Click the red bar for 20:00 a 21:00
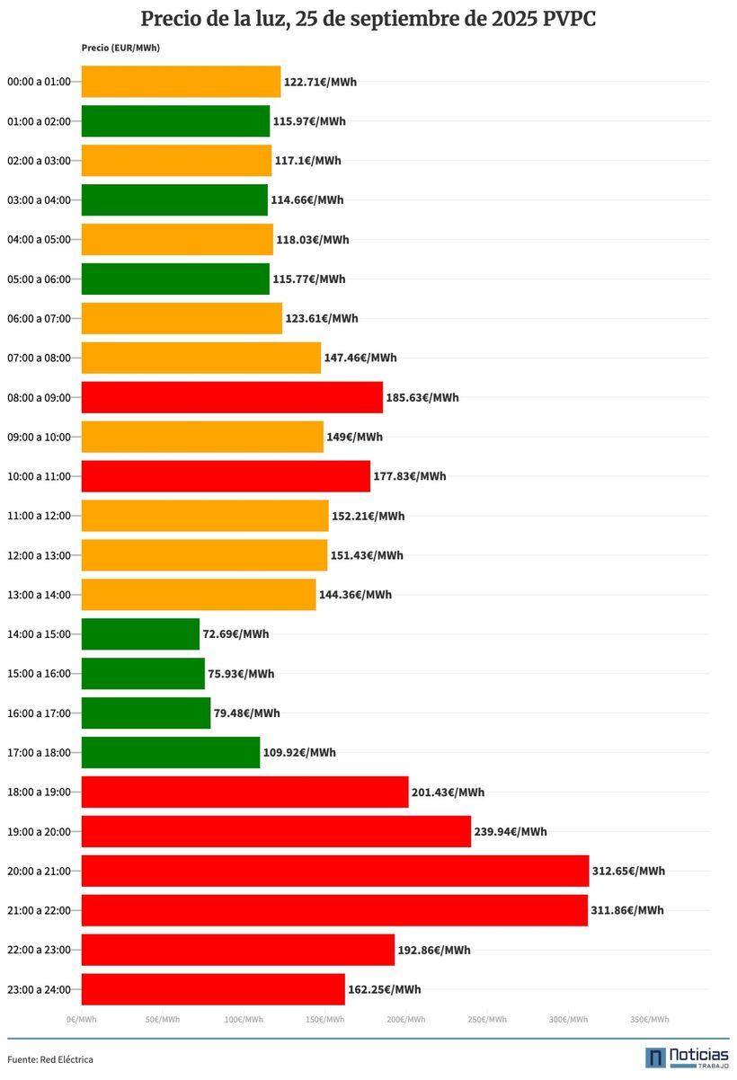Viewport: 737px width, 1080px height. (x=334, y=871)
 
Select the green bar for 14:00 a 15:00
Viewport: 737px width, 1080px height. (x=140, y=633)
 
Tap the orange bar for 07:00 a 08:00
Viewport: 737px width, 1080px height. (x=200, y=358)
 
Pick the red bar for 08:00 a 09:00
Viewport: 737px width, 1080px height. (x=232, y=397)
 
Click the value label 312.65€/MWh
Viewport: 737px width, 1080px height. (x=628, y=871)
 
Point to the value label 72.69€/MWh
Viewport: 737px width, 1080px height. (x=235, y=633)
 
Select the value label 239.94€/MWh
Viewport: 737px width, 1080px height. (x=511, y=831)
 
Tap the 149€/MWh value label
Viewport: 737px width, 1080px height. (x=354, y=437)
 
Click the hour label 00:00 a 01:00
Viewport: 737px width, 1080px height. (x=39, y=82)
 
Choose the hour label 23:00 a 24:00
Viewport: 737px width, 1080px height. (x=39, y=989)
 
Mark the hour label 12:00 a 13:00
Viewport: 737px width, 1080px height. (x=39, y=555)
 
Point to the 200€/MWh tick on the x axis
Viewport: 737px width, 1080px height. (x=406, y=1019)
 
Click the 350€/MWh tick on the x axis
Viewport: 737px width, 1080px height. (x=649, y=1019)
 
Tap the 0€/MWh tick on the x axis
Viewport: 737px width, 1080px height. (x=81, y=1019)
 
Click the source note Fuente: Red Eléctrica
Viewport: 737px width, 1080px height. (x=50, y=1059)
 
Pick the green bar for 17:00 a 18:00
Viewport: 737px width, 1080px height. (x=170, y=752)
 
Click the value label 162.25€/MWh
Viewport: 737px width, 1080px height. (x=384, y=989)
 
